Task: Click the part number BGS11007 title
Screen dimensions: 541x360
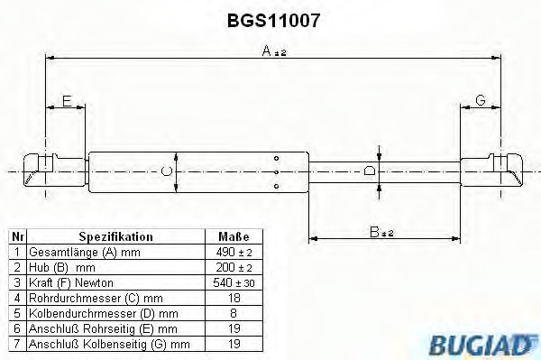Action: pos(273,21)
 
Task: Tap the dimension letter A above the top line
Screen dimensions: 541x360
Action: pos(267,51)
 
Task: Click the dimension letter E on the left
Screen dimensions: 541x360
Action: pos(67,101)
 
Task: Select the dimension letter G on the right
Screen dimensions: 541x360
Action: pos(481,100)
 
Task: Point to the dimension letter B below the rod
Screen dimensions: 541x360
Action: pos(374,232)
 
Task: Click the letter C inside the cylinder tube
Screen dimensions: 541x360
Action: pos(167,171)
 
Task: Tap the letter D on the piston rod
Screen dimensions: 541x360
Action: pos(370,171)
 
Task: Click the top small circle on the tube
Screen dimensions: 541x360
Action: pos(276,159)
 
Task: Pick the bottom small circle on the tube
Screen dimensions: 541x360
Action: pos(276,187)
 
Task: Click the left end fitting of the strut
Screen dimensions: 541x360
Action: pos(54,171)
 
